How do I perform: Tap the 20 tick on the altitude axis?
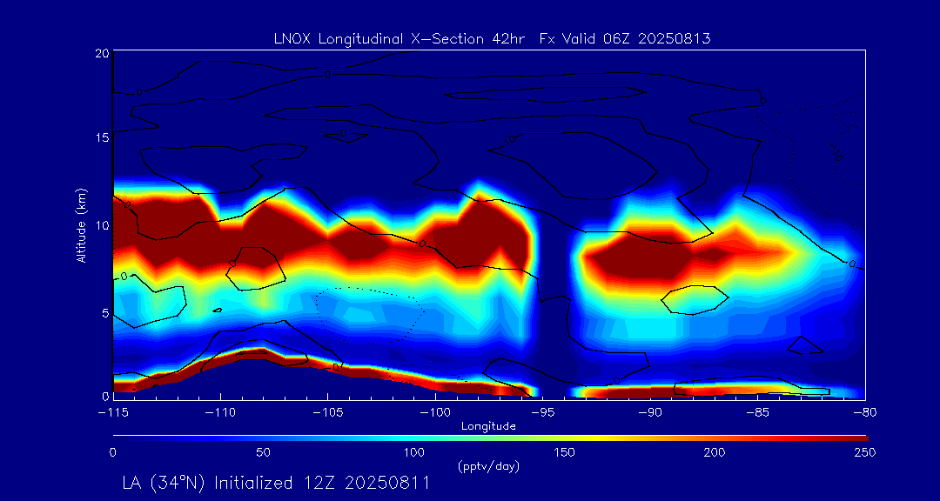[x=101, y=53]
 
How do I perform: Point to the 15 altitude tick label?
[x=101, y=138]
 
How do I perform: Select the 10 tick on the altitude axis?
[x=101, y=224]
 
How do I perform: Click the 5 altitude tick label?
[x=104, y=311]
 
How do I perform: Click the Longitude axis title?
[x=488, y=426]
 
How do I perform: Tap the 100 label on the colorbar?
[x=413, y=452]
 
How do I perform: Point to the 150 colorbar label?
[x=564, y=452]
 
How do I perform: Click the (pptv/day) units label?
[x=488, y=466]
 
